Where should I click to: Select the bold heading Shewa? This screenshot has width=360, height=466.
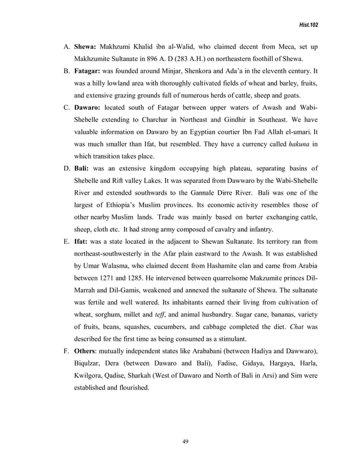point(86,46)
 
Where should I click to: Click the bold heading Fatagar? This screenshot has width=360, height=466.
point(89,72)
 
